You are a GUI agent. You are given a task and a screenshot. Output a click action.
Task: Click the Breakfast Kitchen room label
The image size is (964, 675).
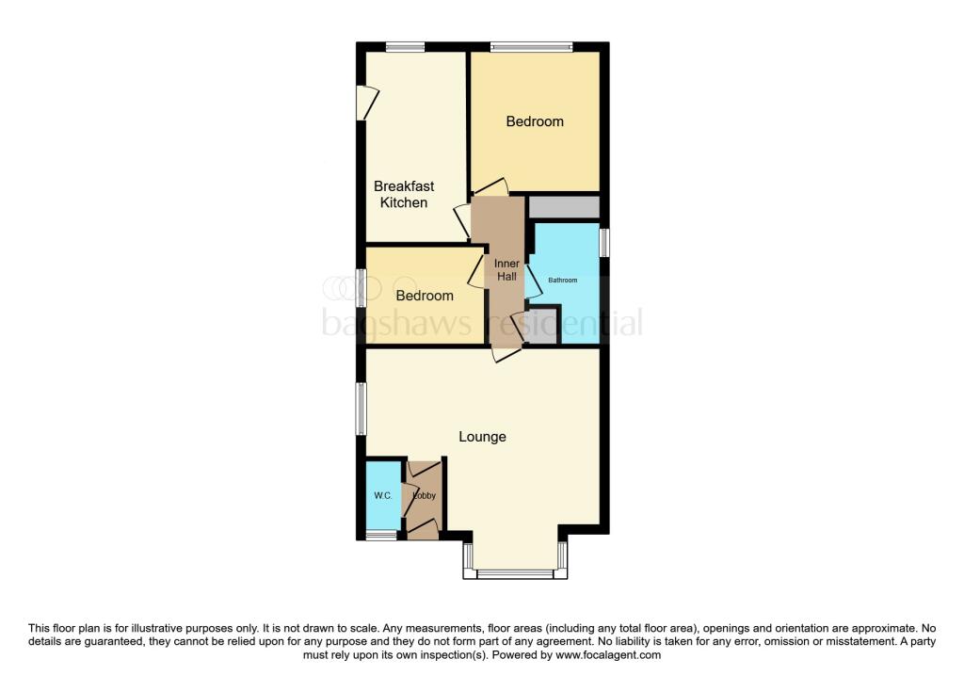(404, 195)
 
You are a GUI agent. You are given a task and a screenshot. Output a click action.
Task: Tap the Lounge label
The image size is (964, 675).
(482, 437)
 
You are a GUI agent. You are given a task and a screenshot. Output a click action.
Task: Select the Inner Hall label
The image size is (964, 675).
(506, 270)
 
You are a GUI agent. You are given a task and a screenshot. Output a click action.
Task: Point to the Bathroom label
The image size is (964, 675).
(564, 281)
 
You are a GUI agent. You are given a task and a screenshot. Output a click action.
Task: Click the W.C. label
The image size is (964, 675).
(382, 496)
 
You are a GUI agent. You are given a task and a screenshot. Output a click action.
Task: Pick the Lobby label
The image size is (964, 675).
(423, 496)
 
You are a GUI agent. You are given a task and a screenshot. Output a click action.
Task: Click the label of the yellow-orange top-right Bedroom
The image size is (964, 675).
(535, 121)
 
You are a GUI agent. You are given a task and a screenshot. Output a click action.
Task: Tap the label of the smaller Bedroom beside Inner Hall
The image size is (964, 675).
(424, 296)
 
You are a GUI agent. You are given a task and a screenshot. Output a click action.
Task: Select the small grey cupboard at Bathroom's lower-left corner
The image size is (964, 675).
(543, 325)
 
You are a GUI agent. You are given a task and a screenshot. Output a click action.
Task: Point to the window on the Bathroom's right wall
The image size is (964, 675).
(604, 242)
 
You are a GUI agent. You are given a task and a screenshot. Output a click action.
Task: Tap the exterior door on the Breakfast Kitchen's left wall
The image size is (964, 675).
(365, 103)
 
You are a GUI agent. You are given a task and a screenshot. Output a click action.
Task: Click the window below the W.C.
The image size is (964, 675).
(381, 536)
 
